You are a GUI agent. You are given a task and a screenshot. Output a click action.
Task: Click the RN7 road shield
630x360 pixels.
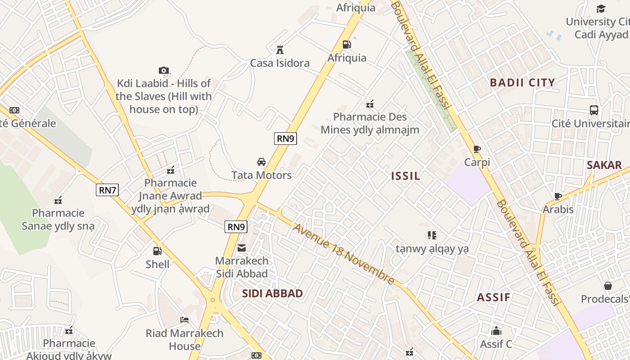coord(108,190)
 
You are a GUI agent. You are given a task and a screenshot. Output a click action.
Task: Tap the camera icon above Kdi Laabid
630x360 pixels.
coord(164,70)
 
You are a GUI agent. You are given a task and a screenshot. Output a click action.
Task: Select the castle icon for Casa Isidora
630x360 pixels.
coord(280,49)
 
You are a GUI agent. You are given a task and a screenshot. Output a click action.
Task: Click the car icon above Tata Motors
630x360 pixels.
coord(261,162)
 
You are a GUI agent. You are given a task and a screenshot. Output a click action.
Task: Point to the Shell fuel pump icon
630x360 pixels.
coord(157,251)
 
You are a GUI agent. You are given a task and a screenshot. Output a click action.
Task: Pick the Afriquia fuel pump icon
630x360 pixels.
coord(346,44)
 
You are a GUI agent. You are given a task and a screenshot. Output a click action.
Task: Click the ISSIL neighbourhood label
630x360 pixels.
coord(405,176)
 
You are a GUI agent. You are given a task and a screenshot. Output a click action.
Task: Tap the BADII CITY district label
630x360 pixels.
coord(522,82)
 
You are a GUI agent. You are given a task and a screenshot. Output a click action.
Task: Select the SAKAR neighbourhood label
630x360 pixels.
coord(604,165)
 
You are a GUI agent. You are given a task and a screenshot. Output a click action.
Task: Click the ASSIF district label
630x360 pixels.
coord(494,297)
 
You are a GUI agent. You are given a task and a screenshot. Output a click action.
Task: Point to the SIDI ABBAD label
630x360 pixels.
coord(272,293)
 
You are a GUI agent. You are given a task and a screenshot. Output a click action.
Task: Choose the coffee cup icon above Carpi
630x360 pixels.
coord(477,149)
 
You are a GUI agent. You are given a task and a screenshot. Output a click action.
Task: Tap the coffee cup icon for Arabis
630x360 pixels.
coord(558,196)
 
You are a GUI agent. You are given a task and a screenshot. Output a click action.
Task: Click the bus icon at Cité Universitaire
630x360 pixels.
coord(594,110)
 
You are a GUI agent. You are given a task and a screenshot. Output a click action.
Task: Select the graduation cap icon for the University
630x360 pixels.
coord(601,9)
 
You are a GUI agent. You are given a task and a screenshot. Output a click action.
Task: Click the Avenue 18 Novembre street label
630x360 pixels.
coord(344,254)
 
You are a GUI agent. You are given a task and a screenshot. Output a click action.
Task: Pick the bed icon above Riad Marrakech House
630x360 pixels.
coord(184,320)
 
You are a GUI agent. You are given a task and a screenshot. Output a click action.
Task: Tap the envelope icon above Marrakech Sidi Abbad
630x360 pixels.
coord(242,247)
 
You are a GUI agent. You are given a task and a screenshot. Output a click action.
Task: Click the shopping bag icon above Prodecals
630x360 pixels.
coord(608,286)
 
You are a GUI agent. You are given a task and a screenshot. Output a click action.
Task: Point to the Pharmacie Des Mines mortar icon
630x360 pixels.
coord(370,104)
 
